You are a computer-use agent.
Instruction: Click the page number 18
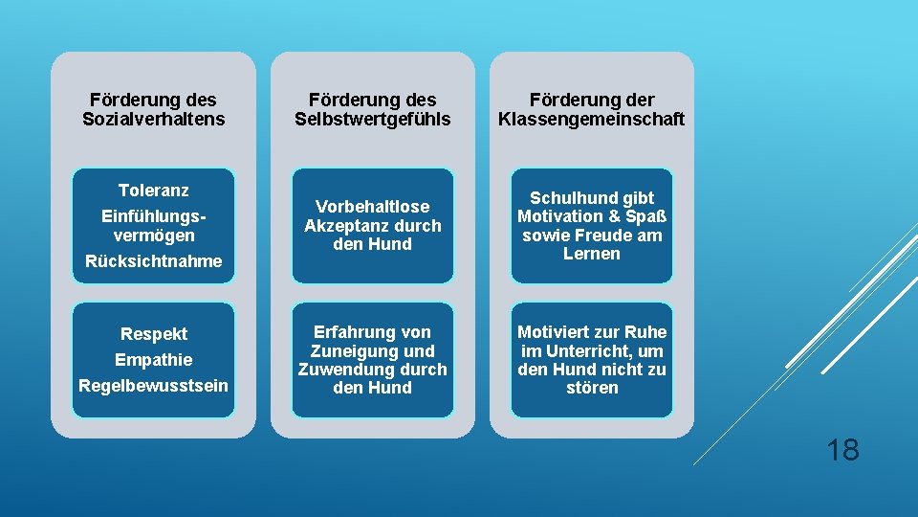coord(842,449)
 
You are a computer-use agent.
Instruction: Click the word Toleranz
coord(153,191)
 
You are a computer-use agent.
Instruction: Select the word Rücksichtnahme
coord(153,260)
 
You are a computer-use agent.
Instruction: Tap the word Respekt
coord(153,334)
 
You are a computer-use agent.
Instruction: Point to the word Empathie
coord(153,360)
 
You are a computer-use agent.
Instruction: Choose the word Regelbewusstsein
coord(153,386)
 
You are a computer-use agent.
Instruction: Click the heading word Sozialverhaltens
coord(153,119)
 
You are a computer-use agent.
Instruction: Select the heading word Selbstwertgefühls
coord(373,119)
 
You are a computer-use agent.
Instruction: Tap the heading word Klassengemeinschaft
coord(592,119)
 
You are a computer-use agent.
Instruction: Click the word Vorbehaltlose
coord(373,207)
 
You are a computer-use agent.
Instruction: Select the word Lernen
coord(592,254)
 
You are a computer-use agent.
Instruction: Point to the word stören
coord(592,388)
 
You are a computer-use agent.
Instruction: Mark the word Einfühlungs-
coord(153,216)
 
